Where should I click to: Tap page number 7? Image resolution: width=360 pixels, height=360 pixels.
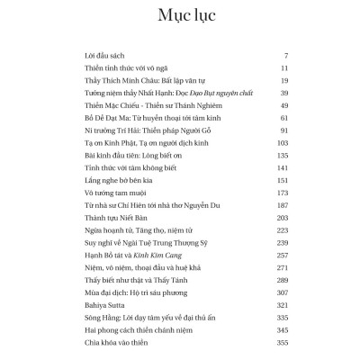coord(284,55)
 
